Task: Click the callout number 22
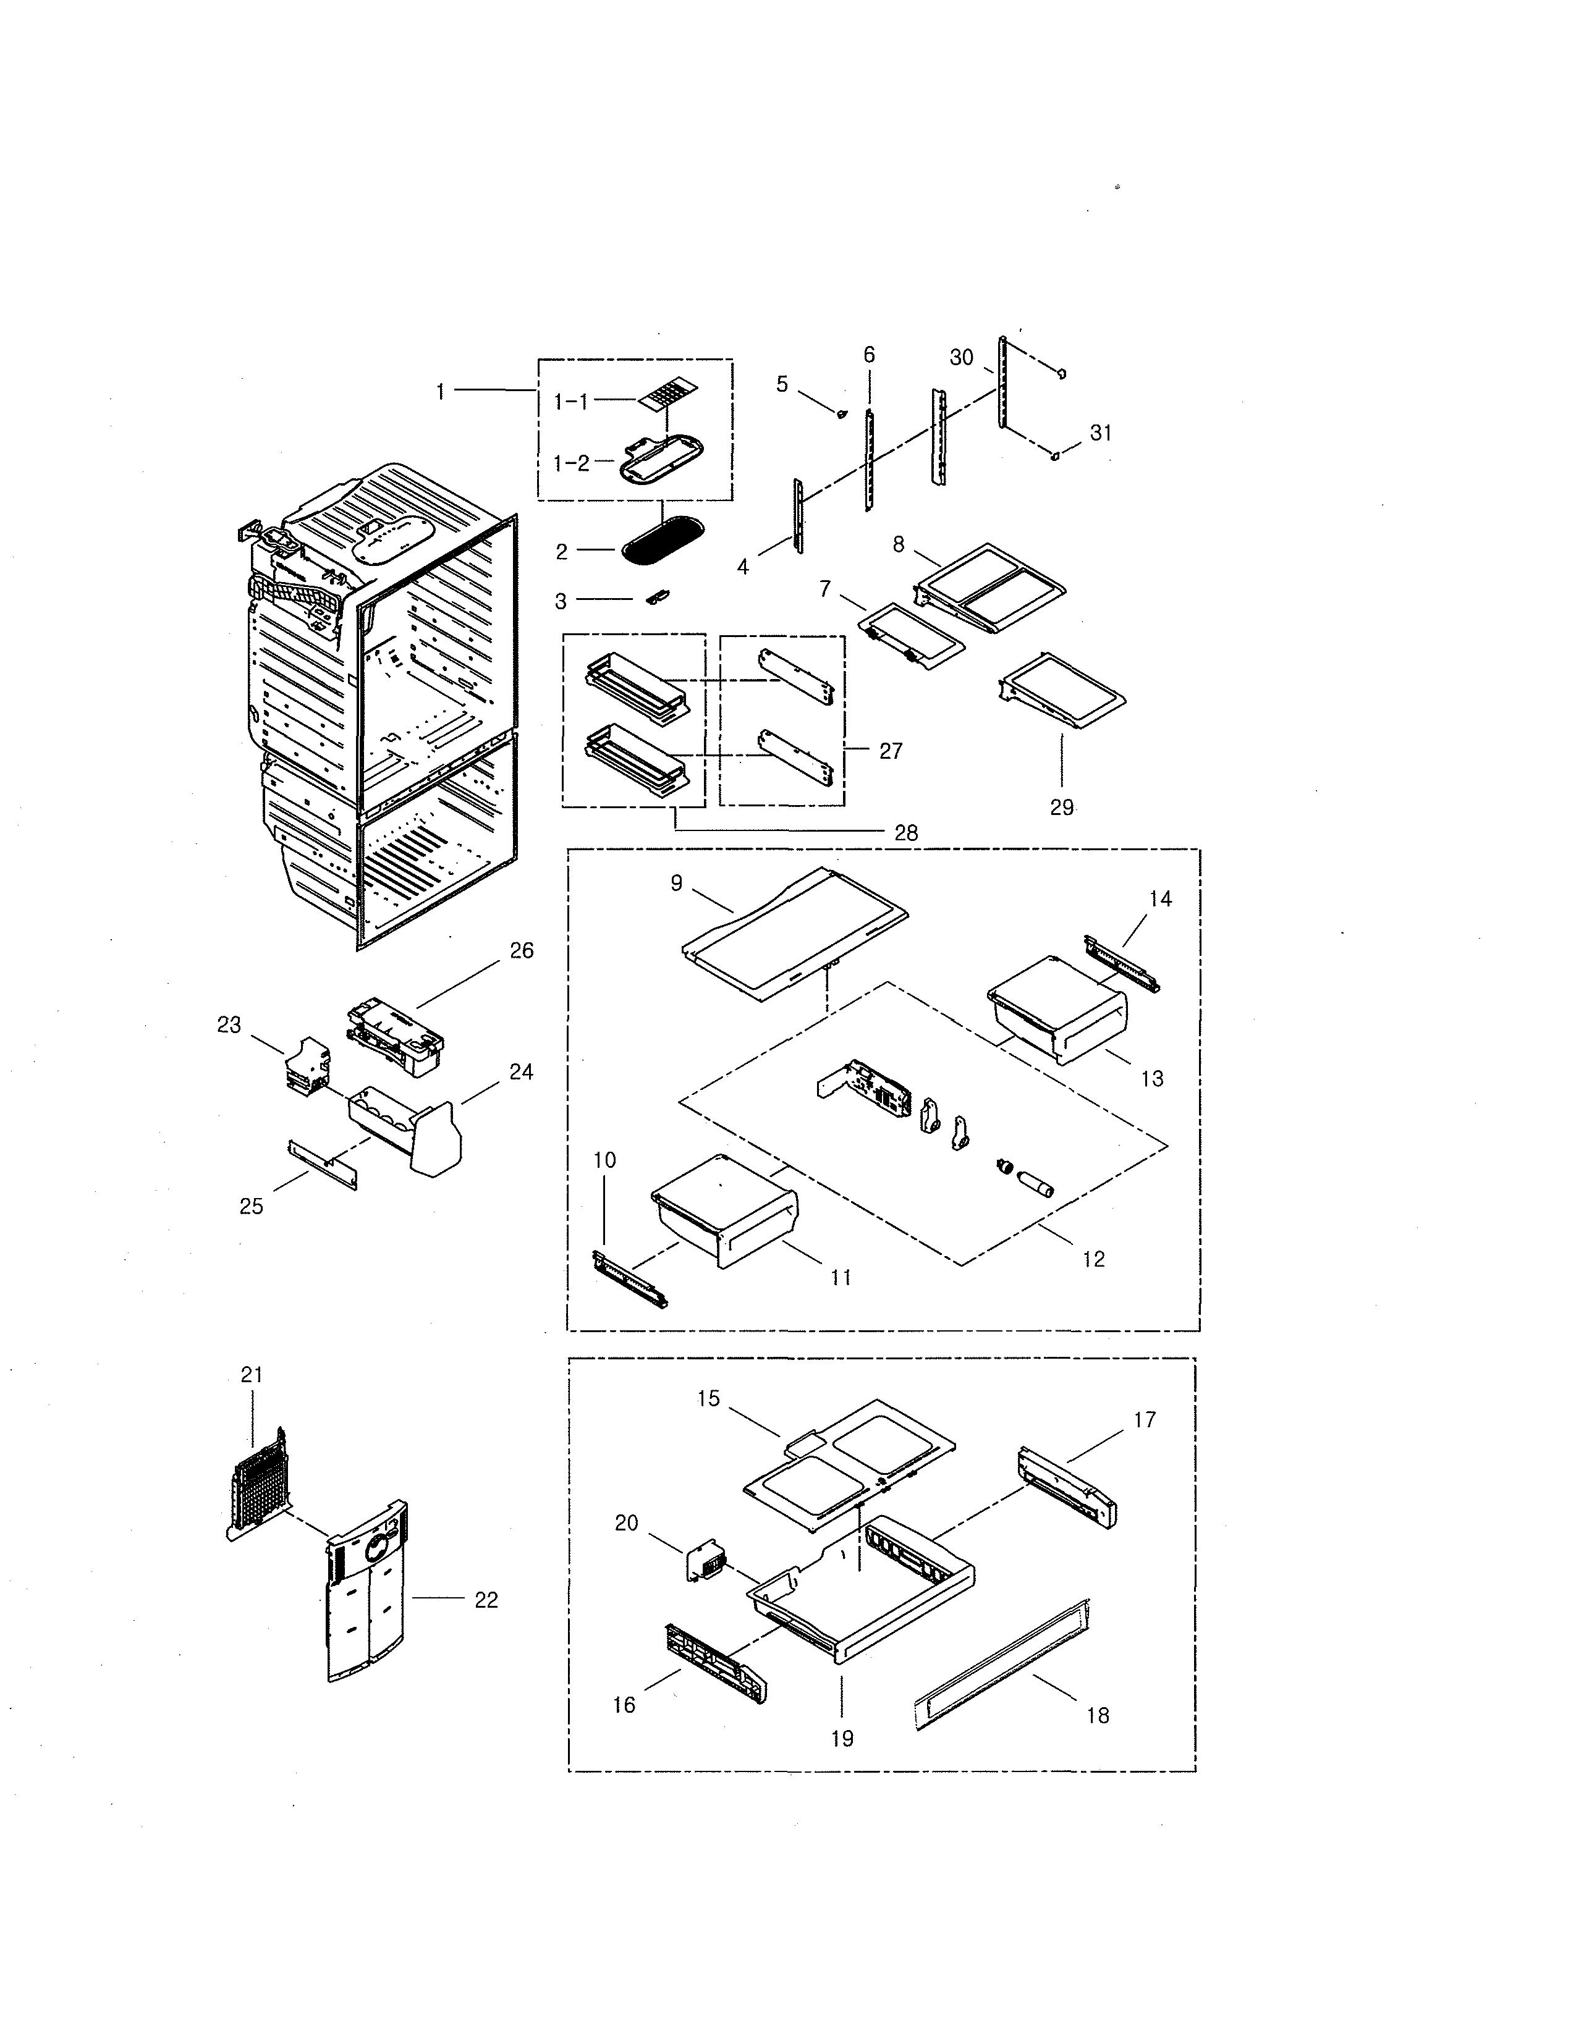point(486,1600)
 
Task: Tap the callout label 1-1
point(570,402)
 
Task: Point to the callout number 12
point(1093,1259)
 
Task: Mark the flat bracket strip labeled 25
point(322,1163)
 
